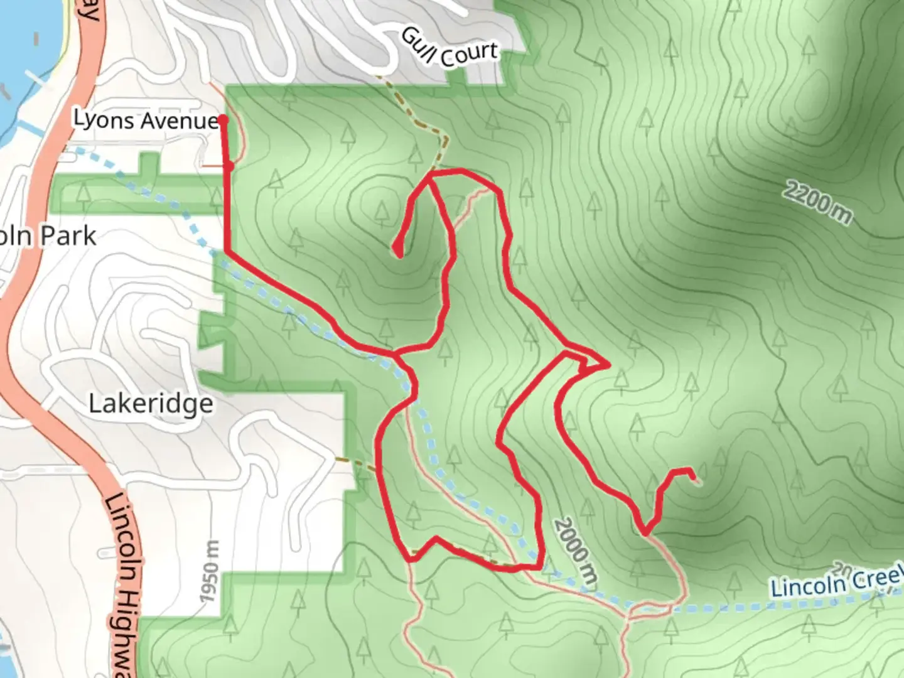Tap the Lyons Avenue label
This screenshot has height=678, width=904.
(x=145, y=119)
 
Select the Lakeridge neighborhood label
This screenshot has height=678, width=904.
(x=151, y=403)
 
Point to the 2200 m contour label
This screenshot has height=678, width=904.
(x=818, y=202)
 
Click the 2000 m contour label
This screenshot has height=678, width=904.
(x=573, y=552)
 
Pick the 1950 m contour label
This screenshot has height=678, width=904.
(x=212, y=571)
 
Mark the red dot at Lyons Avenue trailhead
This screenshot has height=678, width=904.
(x=222, y=119)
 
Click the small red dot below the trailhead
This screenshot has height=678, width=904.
(x=230, y=166)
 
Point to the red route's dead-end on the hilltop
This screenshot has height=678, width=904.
(x=397, y=251)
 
